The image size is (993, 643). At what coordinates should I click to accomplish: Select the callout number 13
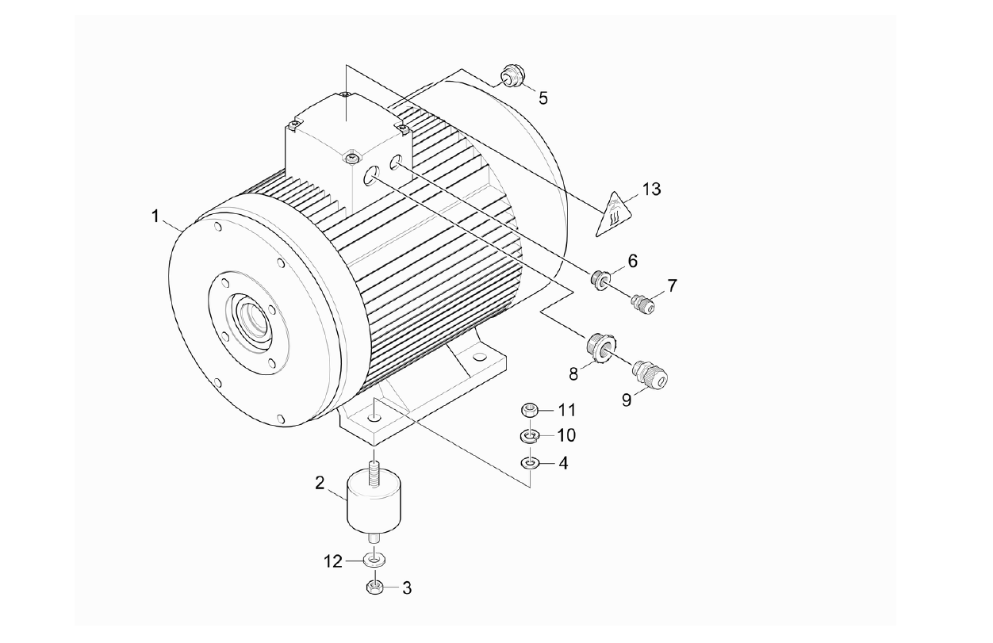[x=651, y=190]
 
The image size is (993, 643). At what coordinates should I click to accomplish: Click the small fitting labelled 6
[x=602, y=279]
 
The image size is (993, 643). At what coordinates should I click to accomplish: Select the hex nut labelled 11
[x=530, y=411]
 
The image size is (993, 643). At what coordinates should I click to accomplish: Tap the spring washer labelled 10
[x=530, y=435]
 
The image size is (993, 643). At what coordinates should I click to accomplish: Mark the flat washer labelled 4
[x=530, y=461]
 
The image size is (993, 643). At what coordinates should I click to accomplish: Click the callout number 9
[x=627, y=400]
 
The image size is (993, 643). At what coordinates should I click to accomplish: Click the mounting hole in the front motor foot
[x=375, y=415]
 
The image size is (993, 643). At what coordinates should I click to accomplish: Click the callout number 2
[x=320, y=483]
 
